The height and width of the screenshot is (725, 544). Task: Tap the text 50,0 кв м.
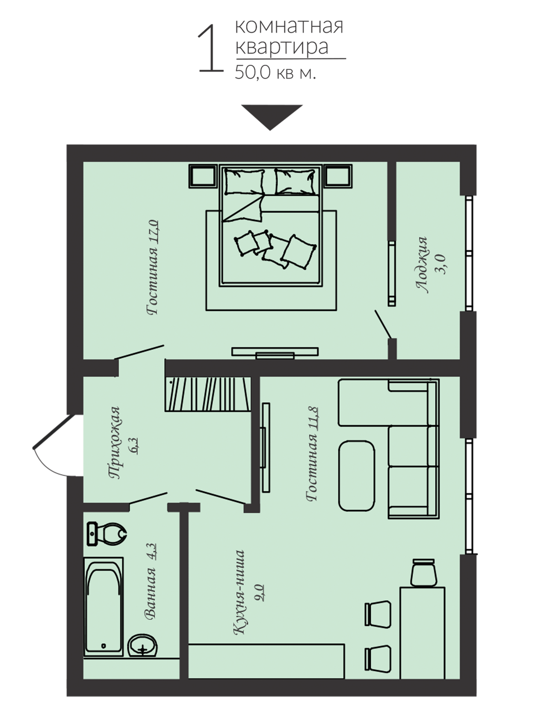pyautogui.click(x=275, y=73)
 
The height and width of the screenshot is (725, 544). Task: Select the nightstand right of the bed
pyautogui.click(x=338, y=176)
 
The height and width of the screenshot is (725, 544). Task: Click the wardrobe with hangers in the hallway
pyautogui.click(x=208, y=394)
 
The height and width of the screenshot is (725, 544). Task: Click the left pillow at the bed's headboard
pyautogui.click(x=244, y=182)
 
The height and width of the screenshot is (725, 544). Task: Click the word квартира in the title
pyautogui.click(x=282, y=47)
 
